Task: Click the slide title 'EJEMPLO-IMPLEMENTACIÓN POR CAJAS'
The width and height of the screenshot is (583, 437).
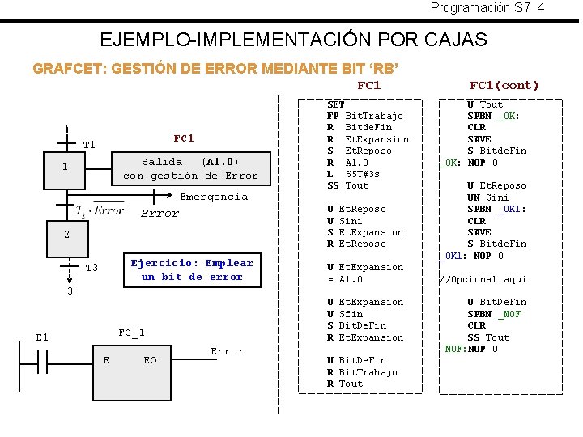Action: click(292, 39)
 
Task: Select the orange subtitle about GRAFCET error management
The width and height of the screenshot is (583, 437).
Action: click(215, 68)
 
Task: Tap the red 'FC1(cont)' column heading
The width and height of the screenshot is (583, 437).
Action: click(504, 85)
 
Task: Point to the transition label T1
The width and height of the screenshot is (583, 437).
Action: click(89, 145)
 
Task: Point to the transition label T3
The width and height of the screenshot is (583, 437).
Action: click(91, 268)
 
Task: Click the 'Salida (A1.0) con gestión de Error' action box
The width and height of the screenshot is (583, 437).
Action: click(190, 168)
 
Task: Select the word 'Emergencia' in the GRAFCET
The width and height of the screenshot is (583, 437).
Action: click(214, 197)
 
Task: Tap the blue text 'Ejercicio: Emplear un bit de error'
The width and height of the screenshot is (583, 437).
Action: click(192, 269)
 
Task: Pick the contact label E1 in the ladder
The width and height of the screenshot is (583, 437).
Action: click(42, 337)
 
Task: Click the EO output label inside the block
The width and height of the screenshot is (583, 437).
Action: click(150, 360)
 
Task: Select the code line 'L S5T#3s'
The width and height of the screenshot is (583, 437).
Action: click(353, 174)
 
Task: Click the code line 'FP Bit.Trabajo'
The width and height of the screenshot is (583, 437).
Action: click(364, 116)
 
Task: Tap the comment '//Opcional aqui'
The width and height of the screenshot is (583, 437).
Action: click(483, 279)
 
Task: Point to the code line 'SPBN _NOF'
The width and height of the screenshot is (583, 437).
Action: click(494, 314)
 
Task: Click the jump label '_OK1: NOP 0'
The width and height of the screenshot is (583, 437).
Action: click(471, 256)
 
